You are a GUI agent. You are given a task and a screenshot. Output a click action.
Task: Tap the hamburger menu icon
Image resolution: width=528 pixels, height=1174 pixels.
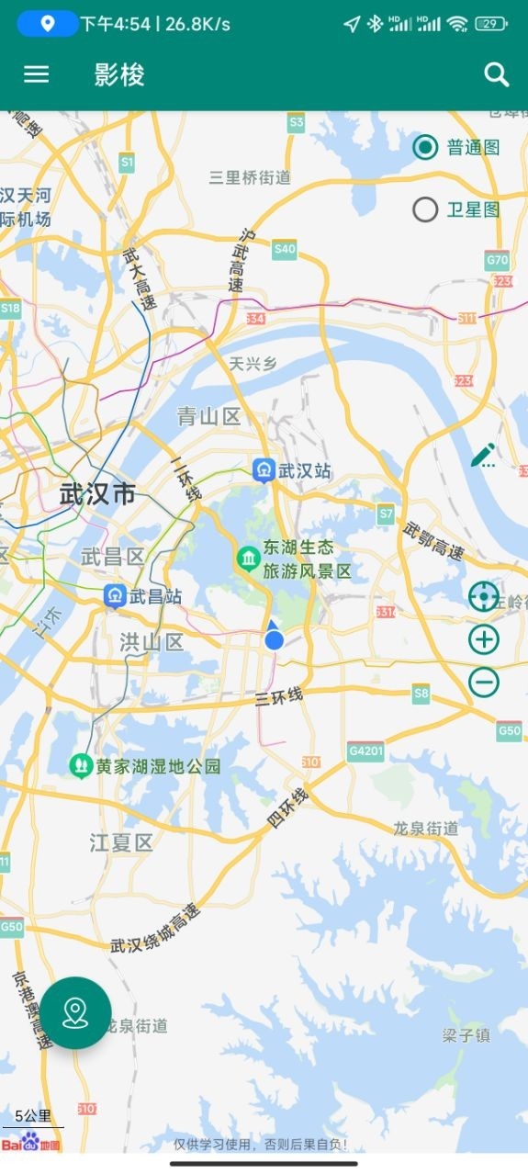tap(36, 74)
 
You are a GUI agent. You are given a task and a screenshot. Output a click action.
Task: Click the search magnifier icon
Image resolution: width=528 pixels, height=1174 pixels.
tap(497, 74)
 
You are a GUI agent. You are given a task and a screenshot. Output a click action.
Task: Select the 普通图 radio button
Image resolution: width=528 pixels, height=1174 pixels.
tap(425, 147)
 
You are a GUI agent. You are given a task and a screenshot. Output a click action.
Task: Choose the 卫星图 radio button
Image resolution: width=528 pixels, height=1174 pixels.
tap(425, 210)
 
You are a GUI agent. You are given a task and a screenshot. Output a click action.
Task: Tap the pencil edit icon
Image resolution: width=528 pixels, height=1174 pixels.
tap(483, 455)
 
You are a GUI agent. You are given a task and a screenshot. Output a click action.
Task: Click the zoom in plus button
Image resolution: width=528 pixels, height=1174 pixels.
tap(484, 639)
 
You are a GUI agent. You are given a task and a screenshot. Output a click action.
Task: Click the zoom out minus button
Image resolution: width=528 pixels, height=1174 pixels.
tap(484, 682)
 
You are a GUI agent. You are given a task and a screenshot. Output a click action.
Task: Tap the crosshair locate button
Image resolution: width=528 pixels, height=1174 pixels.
tap(484, 597)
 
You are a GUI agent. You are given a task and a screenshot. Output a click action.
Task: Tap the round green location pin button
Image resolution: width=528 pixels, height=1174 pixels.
tap(75, 1012)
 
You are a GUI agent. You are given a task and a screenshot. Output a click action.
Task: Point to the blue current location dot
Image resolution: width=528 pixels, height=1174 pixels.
tap(274, 639)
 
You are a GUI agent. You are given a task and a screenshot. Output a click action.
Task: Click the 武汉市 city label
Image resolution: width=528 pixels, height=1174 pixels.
tap(97, 494)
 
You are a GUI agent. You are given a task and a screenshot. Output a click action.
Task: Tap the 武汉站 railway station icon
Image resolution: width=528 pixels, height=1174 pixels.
tap(264, 470)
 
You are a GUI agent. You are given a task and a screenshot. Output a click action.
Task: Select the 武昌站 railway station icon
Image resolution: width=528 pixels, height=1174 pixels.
tap(115, 596)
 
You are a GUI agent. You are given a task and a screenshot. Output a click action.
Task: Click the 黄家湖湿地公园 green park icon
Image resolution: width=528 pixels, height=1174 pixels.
tap(82, 765)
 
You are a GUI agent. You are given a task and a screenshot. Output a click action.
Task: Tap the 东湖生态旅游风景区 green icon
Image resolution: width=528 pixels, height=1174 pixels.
tap(248, 559)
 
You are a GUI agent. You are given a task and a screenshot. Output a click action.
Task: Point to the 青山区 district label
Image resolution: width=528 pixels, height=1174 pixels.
tap(208, 417)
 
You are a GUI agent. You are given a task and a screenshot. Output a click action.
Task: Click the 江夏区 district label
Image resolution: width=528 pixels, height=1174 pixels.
tap(121, 841)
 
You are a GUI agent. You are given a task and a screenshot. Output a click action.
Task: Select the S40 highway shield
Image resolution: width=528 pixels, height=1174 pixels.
tap(285, 249)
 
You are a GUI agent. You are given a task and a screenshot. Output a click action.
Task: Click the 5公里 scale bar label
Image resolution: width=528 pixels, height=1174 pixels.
tap(33, 1116)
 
